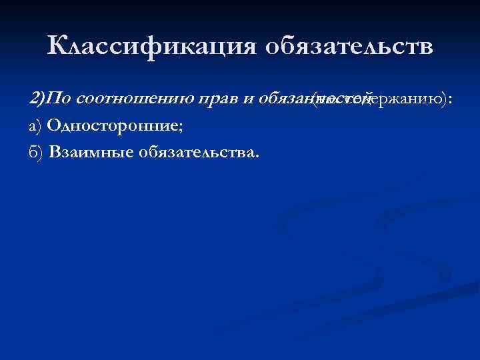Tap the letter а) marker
tap(36, 127)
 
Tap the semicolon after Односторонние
tap(178, 129)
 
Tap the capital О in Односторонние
tap(55, 127)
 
